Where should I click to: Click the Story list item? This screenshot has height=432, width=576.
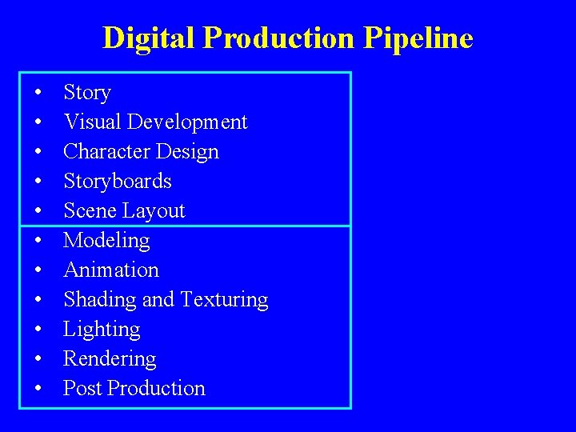click(x=86, y=93)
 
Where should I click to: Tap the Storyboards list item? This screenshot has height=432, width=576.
click(x=117, y=182)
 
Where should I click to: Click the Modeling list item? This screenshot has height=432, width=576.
click(x=106, y=241)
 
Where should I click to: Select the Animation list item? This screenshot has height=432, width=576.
click(x=110, y=270)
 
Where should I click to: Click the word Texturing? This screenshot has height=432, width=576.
click(x=224, y=300)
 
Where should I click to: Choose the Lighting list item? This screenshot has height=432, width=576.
click(x=102, y=330)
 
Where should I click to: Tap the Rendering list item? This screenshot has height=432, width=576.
click(x=110, y=359)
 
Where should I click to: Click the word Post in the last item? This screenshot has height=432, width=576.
click(x=82, y=389)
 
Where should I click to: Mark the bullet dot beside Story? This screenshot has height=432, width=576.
click(x=38, y=94)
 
